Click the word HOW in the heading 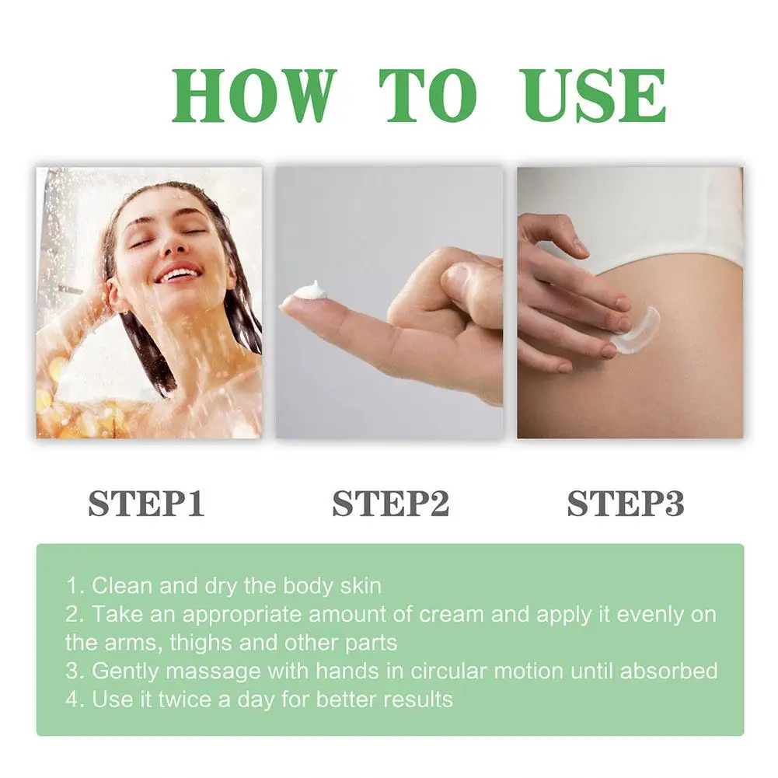(253, 96)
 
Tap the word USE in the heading (591, 96)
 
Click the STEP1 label (146, 504)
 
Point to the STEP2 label (391, 504)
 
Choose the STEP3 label (626, 504)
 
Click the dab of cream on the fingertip (309, 291)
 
